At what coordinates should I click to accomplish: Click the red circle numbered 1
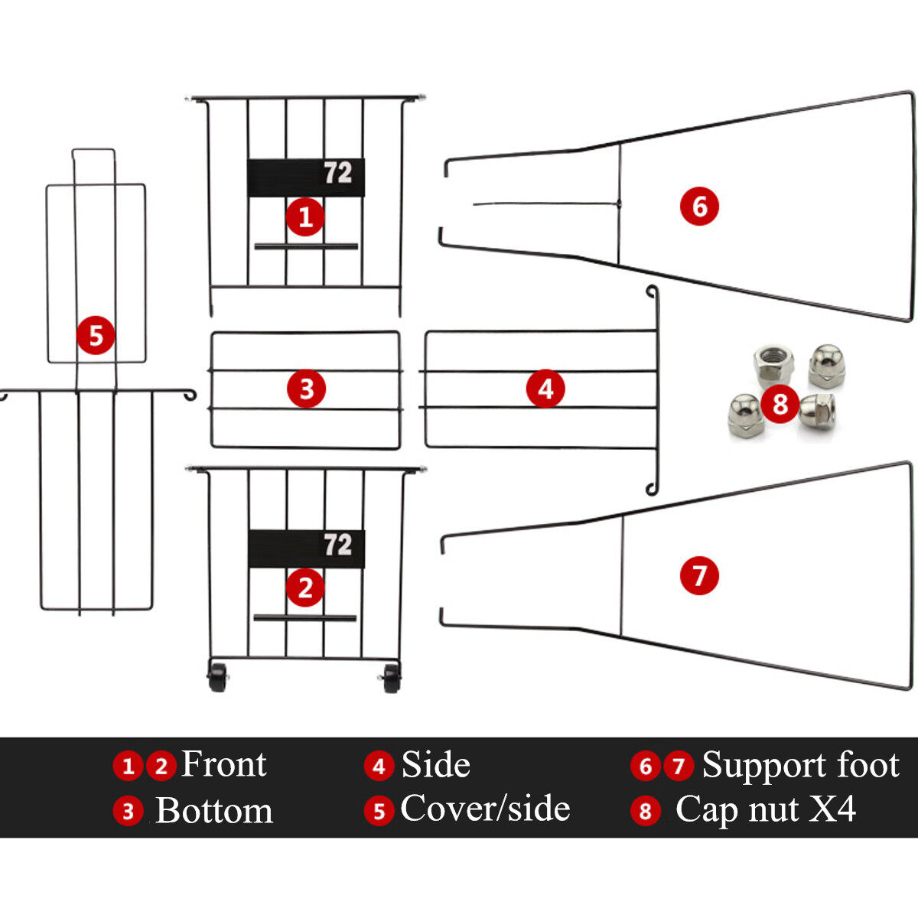305,216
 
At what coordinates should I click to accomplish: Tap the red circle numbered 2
305,588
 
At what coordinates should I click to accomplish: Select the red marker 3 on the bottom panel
306,389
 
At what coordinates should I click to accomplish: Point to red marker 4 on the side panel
545,389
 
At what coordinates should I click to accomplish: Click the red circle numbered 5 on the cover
96,335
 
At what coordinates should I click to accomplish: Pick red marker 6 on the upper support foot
699,206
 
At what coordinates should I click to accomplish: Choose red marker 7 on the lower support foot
699,575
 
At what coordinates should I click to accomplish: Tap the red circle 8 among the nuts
780,402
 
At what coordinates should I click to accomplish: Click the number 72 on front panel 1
337,174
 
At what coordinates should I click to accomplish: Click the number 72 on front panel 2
337,545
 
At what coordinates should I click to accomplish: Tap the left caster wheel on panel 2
218,678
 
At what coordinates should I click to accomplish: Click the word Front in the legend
223,764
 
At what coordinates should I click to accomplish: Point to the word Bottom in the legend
214,811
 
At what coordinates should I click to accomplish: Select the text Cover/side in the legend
485,809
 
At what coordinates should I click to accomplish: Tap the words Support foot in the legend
800,764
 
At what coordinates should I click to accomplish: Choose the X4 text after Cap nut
832,809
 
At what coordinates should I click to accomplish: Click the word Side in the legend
435,764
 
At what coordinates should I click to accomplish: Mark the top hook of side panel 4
652,292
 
